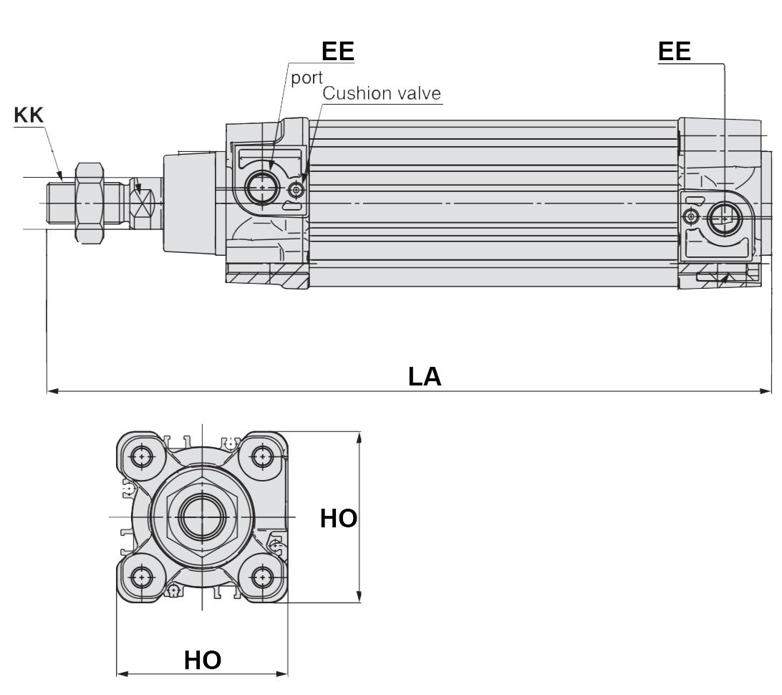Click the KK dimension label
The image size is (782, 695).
(x=29, y=115)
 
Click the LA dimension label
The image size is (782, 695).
(x=425, y=376)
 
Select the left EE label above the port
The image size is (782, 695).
(x=337, y=51)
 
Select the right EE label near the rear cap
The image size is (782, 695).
(x=674, y=51)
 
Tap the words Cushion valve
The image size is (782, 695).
(x=382, y=93)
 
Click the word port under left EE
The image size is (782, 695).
(x=306, y=77)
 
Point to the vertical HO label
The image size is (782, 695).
(x=338, y=518)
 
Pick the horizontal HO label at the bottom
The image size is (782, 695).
(x=203, y=660)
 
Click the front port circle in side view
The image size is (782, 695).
(x=262, y=188)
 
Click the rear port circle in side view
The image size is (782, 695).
(x=725, y=218)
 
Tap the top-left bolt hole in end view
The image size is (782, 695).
(x=143, y=456)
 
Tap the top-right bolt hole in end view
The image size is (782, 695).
(x=262, y=456)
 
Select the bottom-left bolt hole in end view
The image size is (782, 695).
(x=143, y=577)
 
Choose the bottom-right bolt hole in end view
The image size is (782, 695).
(x=262, y=577)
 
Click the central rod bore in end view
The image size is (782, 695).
(x=203, y=517)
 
